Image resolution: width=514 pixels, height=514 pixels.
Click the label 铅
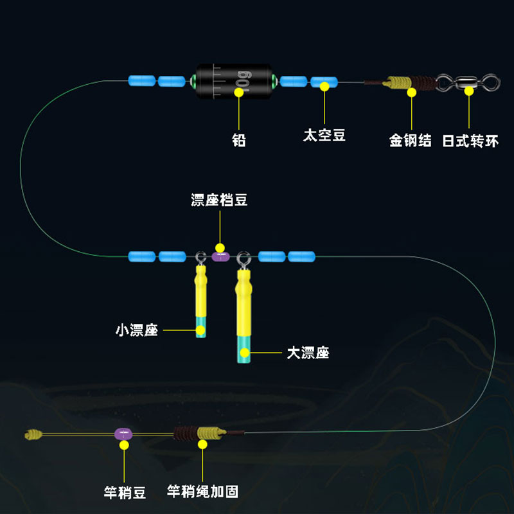(239, 139)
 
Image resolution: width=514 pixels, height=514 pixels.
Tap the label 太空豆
(324, 136)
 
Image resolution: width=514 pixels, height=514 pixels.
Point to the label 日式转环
(470, 140)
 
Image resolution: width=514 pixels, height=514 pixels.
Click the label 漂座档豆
(219, 200)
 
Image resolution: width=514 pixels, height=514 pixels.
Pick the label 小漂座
(137, 331)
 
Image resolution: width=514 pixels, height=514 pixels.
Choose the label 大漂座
(308, 353)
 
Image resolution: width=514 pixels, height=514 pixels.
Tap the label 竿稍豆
(125, 493)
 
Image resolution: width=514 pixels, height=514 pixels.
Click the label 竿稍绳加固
(202, 492)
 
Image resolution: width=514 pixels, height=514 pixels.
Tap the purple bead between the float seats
(220, 257)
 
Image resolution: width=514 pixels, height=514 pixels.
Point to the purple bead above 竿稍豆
(123, 434)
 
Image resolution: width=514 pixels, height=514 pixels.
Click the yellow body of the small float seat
(201, 292)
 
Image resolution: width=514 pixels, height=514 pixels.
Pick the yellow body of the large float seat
(244, 302)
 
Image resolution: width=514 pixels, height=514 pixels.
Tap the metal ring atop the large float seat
(243, 259)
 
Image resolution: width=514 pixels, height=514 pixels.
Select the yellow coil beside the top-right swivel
(398, 82)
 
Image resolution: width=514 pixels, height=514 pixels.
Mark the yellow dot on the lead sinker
(239, 91)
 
